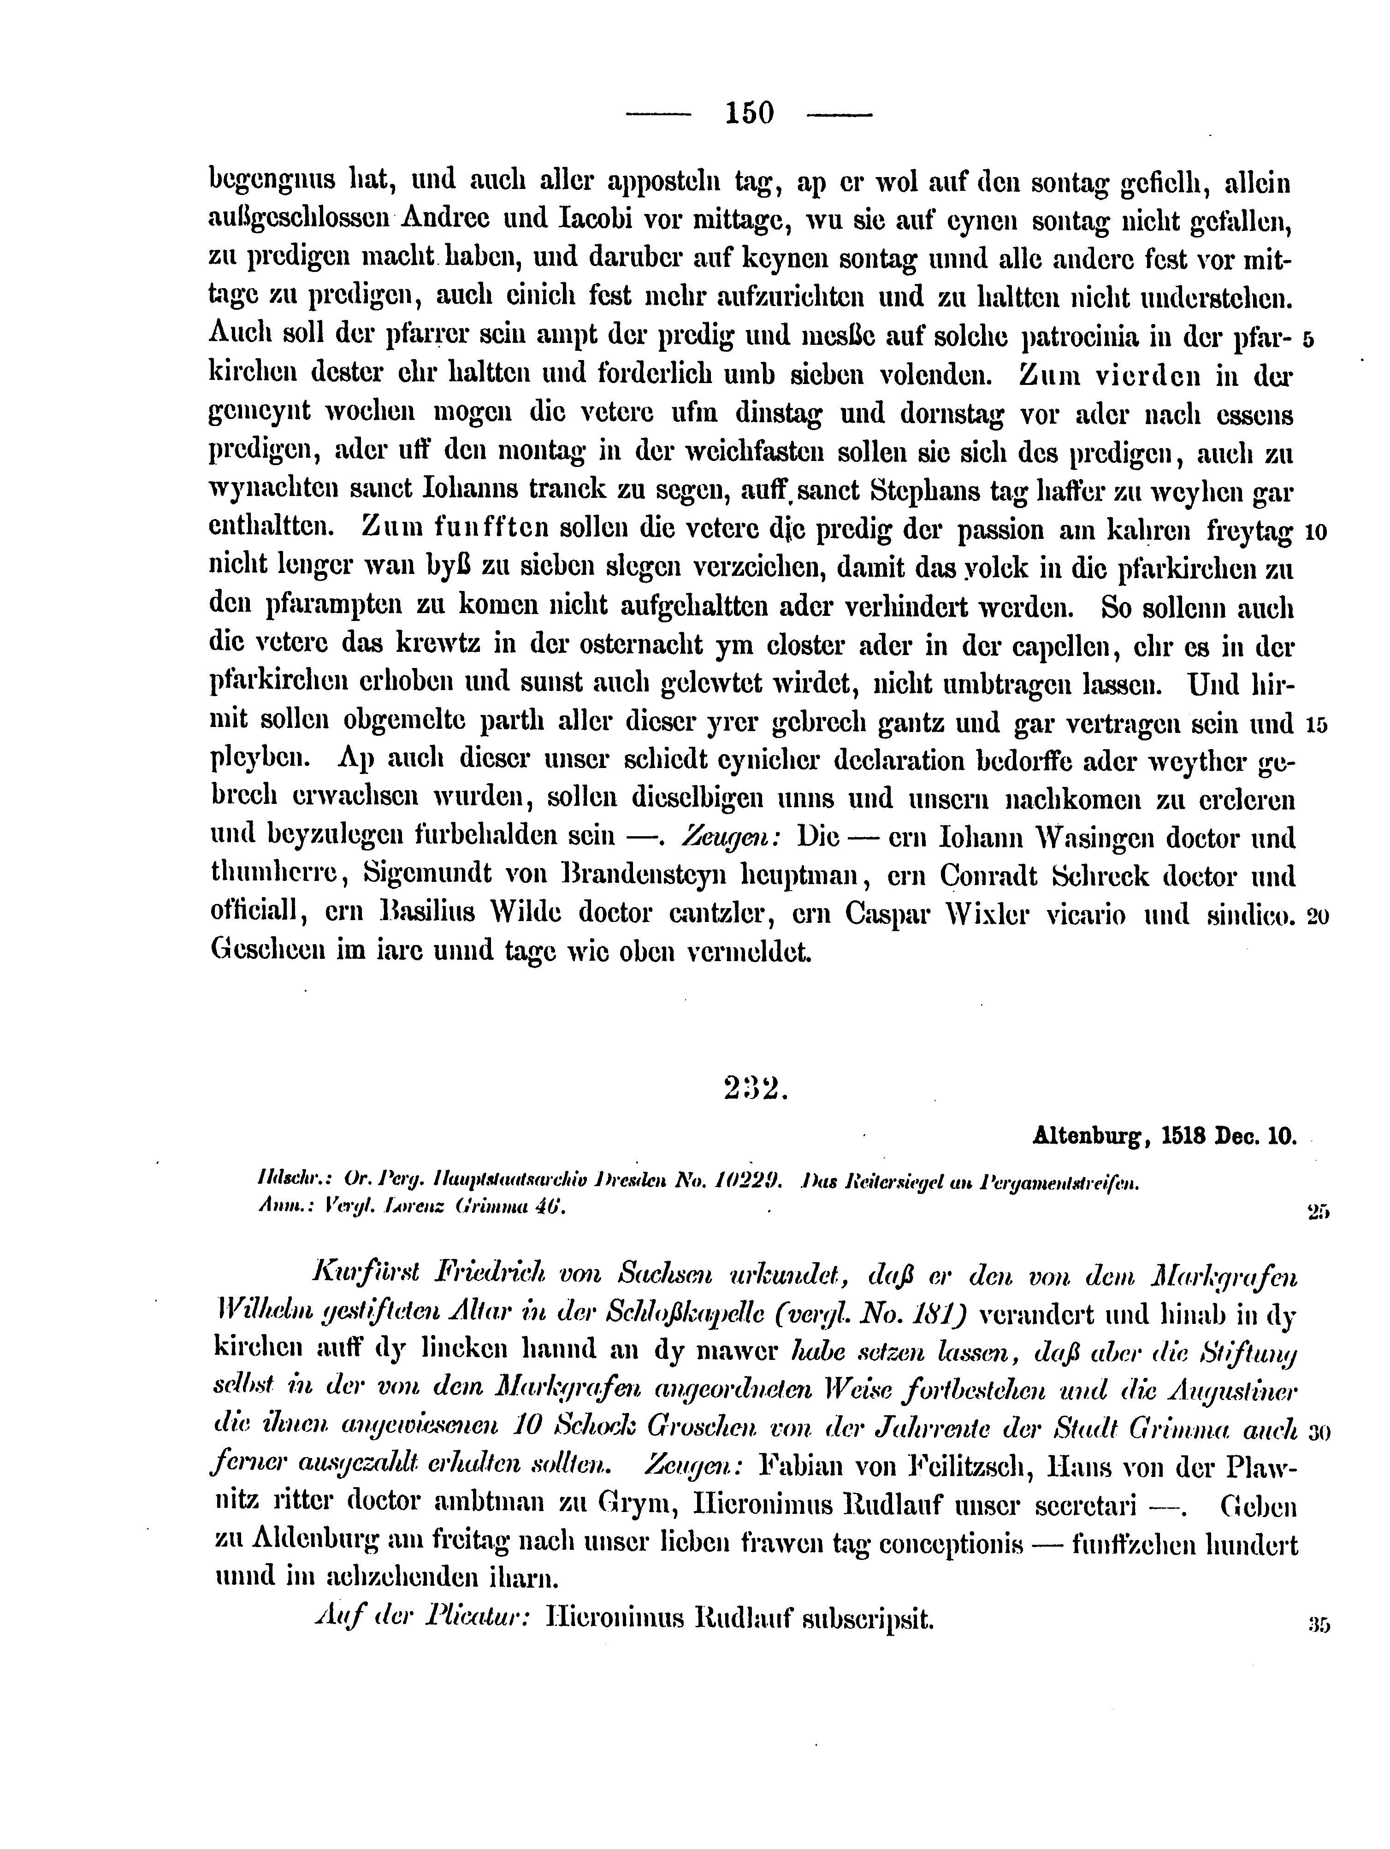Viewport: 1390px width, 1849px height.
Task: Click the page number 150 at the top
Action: pos(750,112)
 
